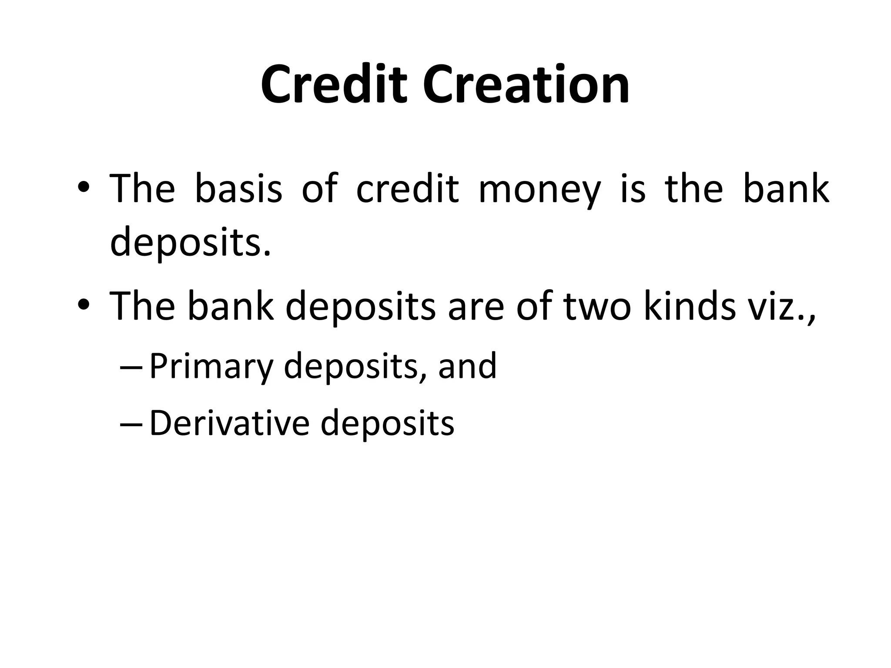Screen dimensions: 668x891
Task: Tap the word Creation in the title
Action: (x=526, y=84)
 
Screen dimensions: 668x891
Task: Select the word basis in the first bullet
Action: (x=238, y=189)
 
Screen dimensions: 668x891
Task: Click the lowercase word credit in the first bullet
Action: (x=407, y=189)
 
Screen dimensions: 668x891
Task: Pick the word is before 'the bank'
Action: (x=633, y=189)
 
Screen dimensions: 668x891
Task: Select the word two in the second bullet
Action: (x=596, y=307)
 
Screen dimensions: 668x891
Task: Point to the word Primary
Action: (x=211, y=367)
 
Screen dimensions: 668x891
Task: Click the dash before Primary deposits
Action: (x=130, y=368)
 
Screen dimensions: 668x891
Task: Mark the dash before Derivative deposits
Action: (x=130, y=425)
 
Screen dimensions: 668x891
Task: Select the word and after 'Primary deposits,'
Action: (x=467, y=367)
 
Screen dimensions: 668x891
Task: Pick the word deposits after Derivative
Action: (x=387, y=424)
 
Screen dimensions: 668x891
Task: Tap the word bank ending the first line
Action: (x=786, y=189)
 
